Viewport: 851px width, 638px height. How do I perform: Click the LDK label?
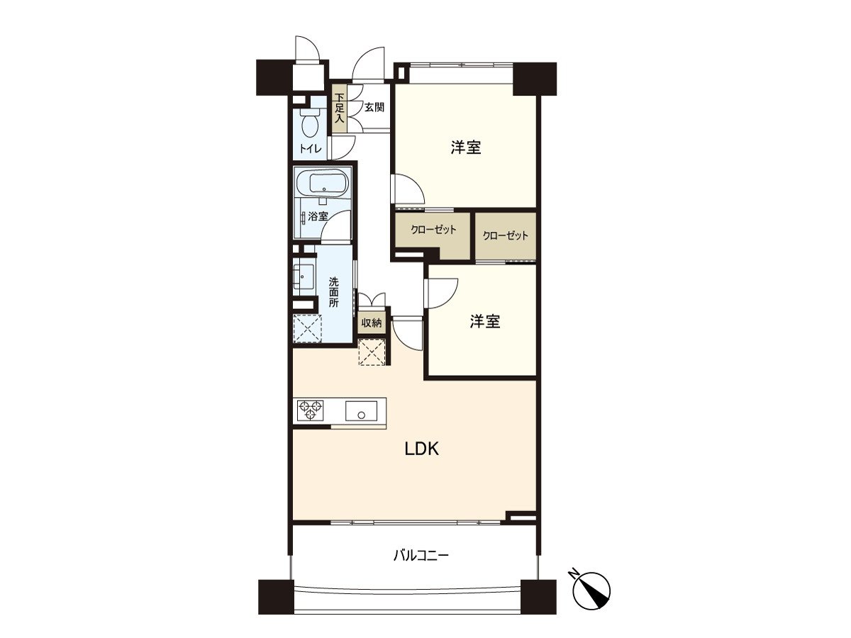(422, 449)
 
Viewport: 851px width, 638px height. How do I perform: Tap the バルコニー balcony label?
(421, 555)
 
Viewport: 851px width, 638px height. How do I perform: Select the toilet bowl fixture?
(310, 124)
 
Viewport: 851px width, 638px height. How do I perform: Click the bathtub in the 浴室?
(323, 186)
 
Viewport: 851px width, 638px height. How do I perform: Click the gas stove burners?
(310, 411)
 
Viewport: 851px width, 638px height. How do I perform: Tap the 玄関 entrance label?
(374, 108)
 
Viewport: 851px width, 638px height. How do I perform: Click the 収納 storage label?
(372, 323)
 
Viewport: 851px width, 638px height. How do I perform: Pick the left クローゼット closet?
(433, 230)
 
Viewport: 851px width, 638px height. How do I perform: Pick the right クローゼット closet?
(506, 236)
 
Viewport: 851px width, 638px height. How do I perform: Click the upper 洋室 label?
(466, 147)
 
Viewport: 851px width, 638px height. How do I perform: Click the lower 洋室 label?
(485, 322)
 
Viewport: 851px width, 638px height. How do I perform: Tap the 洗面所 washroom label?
(333, 291)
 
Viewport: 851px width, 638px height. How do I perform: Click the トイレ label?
(310, 149)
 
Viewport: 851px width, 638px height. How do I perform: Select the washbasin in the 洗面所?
(305, 275)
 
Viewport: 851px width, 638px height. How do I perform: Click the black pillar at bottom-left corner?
(276, 596)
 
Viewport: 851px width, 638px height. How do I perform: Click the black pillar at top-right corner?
(534, 79)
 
